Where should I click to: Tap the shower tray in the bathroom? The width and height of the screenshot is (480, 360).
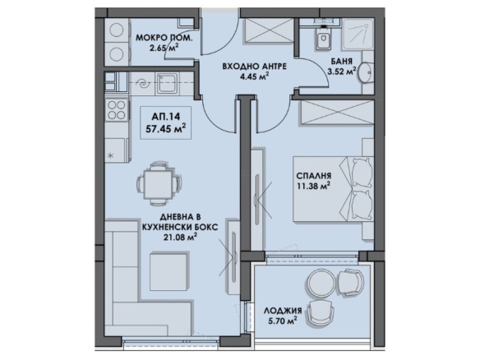click(358, 34)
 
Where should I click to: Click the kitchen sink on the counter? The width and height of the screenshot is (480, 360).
click(167, 83)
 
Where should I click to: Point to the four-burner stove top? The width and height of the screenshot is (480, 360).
click(117, 109)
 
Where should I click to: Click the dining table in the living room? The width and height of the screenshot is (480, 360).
click(158, 185)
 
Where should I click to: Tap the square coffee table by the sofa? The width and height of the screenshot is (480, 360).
click(168, 270)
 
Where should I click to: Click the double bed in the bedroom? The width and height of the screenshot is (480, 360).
click(334, 189)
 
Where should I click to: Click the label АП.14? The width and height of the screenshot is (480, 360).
click(165, 117)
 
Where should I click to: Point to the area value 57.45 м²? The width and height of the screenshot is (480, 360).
click(165, 128)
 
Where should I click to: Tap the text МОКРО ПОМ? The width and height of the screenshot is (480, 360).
click(164, 38)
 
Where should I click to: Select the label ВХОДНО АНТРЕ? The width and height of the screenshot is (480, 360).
click(255, 66)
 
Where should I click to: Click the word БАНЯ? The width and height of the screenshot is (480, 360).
click(341, 61)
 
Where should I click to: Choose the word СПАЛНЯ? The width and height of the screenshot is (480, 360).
click(313, 176)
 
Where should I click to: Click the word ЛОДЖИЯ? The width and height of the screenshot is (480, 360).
click(283, 311)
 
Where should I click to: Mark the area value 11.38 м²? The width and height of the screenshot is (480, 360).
click(313, 186)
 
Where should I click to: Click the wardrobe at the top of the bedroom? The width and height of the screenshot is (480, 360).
click(337, 113)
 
